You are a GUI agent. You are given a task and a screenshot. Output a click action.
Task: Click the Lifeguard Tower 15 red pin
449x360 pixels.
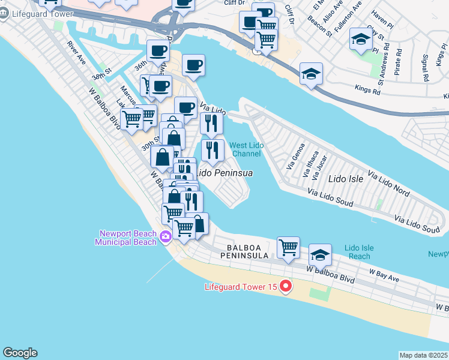click(286, 287)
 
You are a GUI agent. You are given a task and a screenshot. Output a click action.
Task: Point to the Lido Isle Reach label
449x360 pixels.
click(360, 252)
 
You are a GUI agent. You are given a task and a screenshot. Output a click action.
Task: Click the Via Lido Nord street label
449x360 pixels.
click(388, 185)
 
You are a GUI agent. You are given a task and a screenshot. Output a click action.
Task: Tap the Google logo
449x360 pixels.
click(20, 353)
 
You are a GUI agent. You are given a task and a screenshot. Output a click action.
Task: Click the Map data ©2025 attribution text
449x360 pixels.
click(424, 355)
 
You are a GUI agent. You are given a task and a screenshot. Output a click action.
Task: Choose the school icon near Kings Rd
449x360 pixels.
click(311, 74)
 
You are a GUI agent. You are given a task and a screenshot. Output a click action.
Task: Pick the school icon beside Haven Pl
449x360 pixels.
click(361, 40)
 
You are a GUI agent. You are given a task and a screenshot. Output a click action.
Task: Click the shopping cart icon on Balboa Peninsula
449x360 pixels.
click(288, 247)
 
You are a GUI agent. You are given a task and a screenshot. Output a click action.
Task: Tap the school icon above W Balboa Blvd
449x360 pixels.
click(320, 255)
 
